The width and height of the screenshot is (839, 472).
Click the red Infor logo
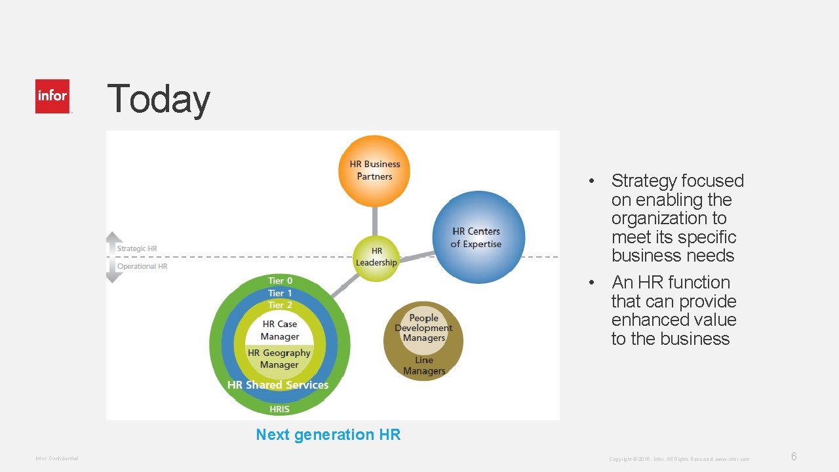[52, 96]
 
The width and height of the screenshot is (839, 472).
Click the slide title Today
[158, 99]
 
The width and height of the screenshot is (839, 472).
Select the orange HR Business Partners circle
[374, 170]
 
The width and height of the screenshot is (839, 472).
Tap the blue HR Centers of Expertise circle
[478, 237]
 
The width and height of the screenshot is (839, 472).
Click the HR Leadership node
[376, 257]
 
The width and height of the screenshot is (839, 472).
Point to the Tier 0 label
[280, 281]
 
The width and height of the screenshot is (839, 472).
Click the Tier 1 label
[280, 293]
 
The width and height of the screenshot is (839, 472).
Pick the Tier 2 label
[280, 305]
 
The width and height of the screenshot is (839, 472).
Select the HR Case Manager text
[280, 330]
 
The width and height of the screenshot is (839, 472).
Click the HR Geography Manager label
[279, 359]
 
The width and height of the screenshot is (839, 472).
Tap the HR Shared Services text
[278, 385]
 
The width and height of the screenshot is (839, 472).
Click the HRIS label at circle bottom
[280, 409]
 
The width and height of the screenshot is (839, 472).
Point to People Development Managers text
[423, 328]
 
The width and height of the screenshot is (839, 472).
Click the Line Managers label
[423, 365]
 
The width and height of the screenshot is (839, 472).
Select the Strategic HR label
[137, 248]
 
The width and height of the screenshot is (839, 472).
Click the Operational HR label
[142, 266]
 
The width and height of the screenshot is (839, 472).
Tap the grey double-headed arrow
[114, 257]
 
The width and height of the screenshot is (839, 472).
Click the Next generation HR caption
[328, 435]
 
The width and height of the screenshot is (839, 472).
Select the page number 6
[794, 457]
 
